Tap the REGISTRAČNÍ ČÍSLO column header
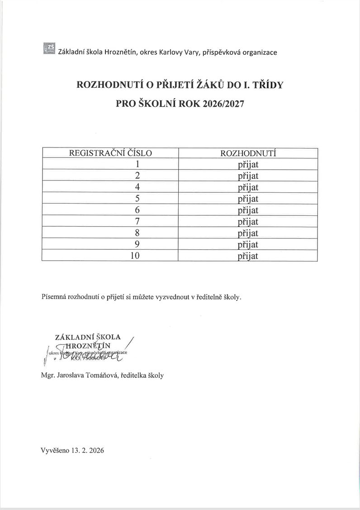coord(110,153)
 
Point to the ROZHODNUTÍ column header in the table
coord(248,153)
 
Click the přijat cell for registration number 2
coord(248,176)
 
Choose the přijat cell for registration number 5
coord(248,199)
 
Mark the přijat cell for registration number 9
coord(248,244)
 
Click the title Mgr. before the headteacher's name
coord(47,375)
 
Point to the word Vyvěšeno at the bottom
coord(54,451)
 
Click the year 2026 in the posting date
coord(95,451)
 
